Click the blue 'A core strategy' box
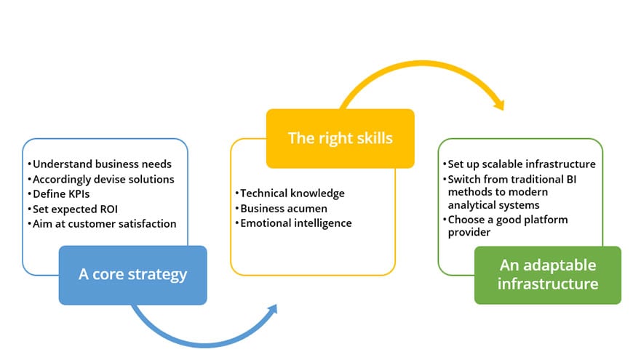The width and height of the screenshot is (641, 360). pyautogui.click(x=133, y=275)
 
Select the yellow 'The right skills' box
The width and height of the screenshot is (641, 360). pyautogui.click(x=340, y=138)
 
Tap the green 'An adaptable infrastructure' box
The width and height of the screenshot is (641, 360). pyautogui.click(x=548, y=275)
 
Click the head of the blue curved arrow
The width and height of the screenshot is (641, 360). pyautogui.click(x=272, y=310)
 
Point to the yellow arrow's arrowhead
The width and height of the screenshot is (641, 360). pyautogui.click(x=500, y=105)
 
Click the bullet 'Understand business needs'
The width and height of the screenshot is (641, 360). pyautogui.click(x=100, y=164)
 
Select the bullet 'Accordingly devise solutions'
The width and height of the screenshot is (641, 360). pyautogui.click(x=101, y=180)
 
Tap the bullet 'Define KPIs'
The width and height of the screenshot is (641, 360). pyautogui.click(x=58, y=194)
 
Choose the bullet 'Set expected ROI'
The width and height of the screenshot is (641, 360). pyautogui.click(x=73, y=209)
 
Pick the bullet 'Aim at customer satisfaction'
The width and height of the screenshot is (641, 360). pyautogui.click(x=102, y=224)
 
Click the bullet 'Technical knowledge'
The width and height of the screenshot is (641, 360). pyautogui.click(x=290, y=193)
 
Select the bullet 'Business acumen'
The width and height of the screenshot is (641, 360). pyautogui.click(x=282, y=209)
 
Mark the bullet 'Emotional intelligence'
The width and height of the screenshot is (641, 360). pyautogui.click(x=293, y=223)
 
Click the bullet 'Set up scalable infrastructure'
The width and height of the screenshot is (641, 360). pyautogui.click(x=519, y=164)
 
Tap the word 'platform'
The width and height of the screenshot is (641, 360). pyautogui.click(x=547, y=220)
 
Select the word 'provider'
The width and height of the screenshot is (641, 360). pyautogui.click(x=469, y=233)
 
